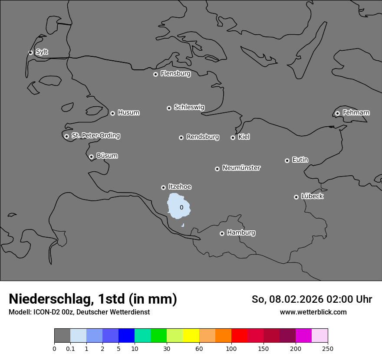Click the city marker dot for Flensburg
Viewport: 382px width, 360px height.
click(155, 74)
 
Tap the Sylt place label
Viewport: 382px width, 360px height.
click(42, 52)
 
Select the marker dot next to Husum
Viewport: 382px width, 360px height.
click(112, 113)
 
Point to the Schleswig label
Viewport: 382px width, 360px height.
click(189, 107)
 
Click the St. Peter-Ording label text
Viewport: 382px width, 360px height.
click(95, 136)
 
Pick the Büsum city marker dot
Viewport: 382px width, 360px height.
click(91, 157)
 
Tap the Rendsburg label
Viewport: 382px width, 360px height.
click(203, 137)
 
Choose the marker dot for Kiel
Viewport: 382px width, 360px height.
click(233, 137)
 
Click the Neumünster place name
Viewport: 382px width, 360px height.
click(241, 168)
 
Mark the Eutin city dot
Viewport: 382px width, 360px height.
click(287, 160)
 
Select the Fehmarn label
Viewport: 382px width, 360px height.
click(356, 113)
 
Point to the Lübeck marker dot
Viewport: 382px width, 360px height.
click(296, 197)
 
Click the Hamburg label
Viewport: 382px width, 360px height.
click(241, 232)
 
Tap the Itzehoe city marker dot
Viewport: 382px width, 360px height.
click(163, 187)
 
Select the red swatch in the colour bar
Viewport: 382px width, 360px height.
click(239, 335)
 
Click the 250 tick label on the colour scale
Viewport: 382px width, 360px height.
click(327, 348)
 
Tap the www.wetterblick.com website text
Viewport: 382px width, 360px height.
click(313, 312)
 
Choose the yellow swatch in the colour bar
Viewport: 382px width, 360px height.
click(191, 335)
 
